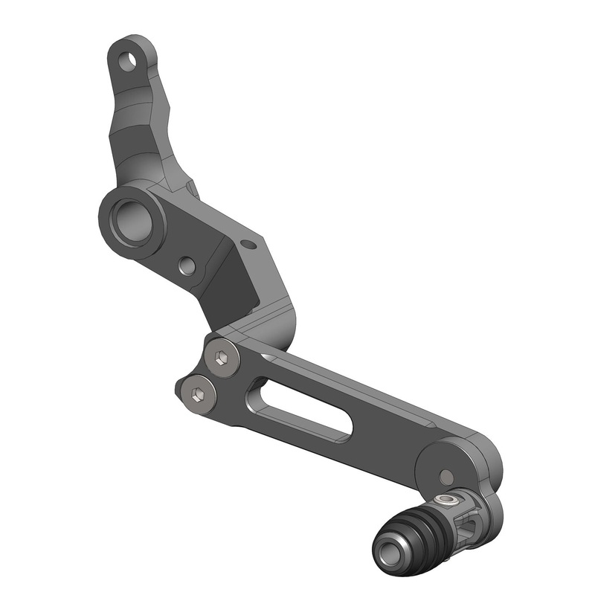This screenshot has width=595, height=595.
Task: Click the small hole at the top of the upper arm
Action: [129, 60]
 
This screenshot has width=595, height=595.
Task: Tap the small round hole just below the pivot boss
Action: [187, 266]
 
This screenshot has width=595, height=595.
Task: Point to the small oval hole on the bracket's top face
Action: [249, 243]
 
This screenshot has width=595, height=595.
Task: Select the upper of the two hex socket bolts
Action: [222, 358]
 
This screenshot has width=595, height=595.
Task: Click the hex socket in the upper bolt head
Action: [222, 358]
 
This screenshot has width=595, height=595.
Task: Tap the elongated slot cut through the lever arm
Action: [301, 408]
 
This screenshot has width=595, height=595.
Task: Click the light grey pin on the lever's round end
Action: [446, 476]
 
